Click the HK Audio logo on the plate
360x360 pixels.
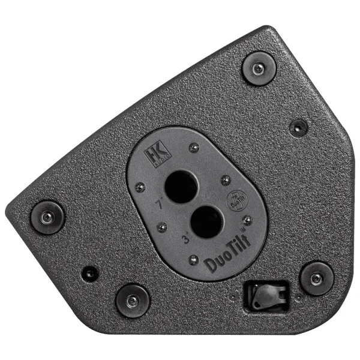pyautogui.click(x=157, y=158)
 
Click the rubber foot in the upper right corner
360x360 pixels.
pyautogui.click(x=258, y=68)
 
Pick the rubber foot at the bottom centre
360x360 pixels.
pyautogui.click(x=132, y=300)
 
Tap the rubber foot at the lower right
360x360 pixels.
pyautogui.click(x=316, y=278)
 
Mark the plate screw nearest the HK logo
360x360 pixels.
pyautogui.click(x=193, y=147)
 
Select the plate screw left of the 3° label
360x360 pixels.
pyautogui.click(x=161, y=227)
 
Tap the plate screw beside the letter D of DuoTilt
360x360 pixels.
pyautogui.click(x=193, y=260)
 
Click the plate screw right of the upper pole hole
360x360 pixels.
pyautogui.click(x=223, y=179)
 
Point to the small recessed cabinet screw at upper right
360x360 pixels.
pyautogui.click(x=298, y=127)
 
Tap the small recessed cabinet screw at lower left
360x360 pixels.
pyautogui.click(x=90, y=272)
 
